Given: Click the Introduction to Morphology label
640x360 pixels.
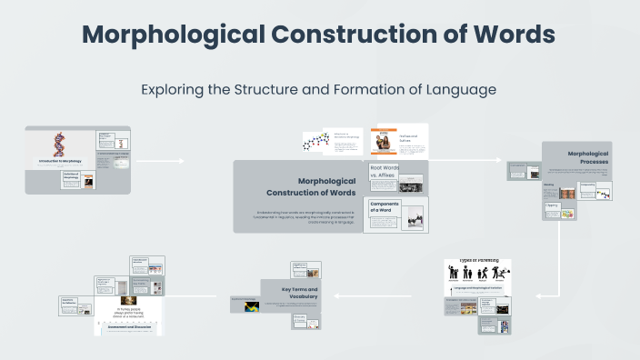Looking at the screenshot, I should (61, 162).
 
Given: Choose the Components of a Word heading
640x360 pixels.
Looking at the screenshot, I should (385, 207).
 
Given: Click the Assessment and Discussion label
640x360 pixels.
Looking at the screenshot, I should (127, 325).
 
